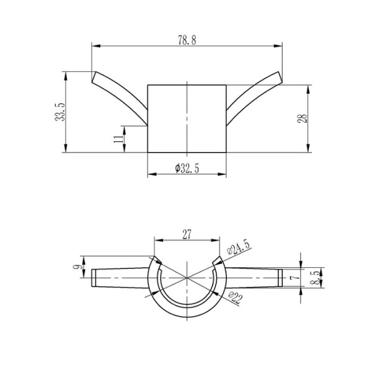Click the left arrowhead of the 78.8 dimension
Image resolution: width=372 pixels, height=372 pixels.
tap(95, 45)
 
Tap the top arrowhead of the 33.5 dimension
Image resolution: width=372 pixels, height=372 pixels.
tap(66, 74)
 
